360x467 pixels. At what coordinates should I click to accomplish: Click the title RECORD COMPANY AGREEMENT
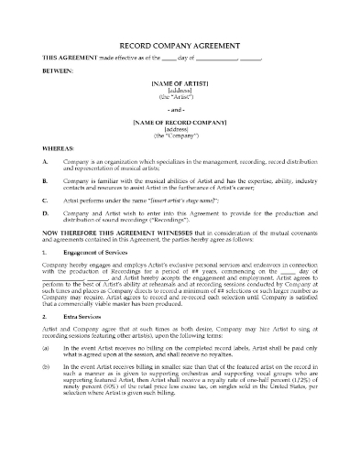coord(180,45)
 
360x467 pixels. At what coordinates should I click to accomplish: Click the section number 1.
coord(45,276)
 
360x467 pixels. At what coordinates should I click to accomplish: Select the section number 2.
coord(45,363)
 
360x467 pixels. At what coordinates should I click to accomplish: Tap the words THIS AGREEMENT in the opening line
coord(66,60)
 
